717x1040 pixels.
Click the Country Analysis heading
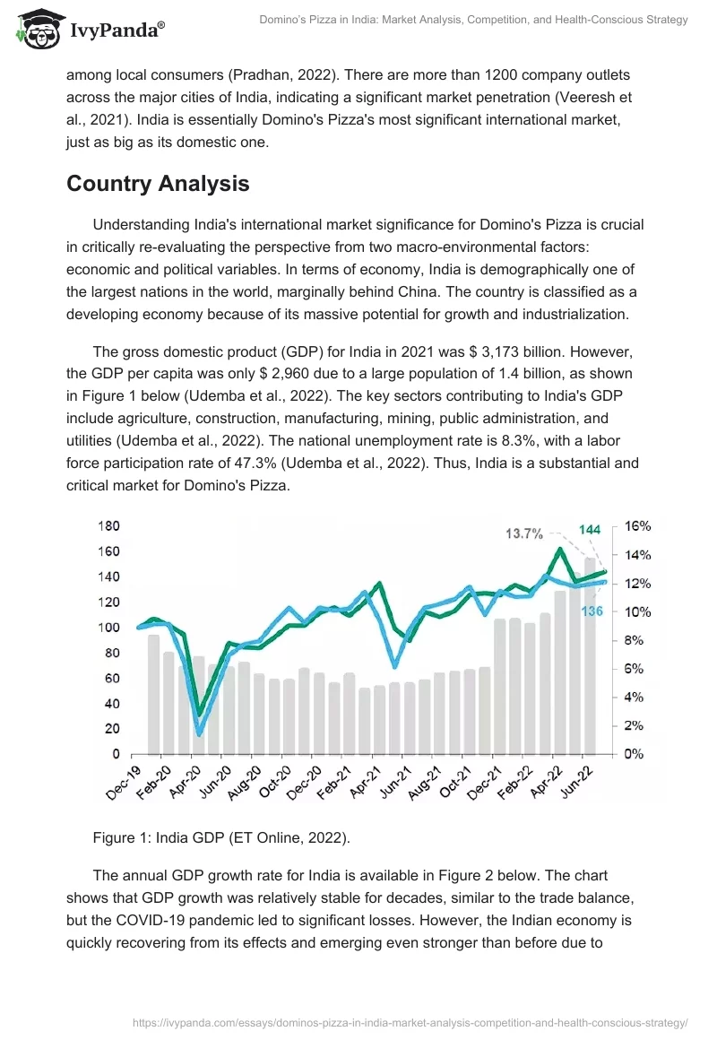[x=158, y=184]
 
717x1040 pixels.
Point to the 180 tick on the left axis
[x=108, y=525]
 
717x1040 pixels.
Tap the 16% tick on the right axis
[x=637, y=525]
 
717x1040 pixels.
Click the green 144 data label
[x=589, y=530]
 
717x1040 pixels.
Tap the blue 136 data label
[x=592, y=611]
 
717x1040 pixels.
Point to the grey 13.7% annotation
[x=524, y=533]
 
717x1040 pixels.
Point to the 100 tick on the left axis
[x=108, y=627]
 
